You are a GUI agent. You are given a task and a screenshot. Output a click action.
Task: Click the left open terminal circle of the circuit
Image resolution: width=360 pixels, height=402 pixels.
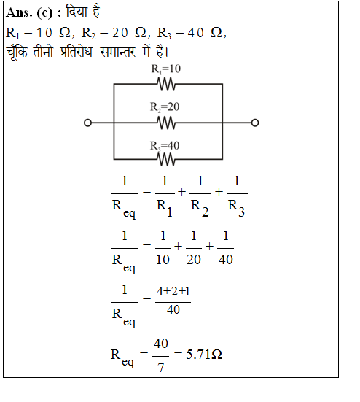(x=87, y=123)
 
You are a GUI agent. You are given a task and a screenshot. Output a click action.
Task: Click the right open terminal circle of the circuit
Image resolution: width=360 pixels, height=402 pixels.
(x=255, y=123)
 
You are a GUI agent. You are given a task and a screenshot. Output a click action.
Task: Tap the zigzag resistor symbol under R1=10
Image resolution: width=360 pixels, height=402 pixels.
(x=166, y=85)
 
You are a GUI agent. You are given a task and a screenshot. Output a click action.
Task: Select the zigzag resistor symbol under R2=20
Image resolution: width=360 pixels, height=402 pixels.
(x=166, y=123)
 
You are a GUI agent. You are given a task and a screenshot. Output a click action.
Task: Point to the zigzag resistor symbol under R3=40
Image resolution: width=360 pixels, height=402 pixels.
(x=166, y=160)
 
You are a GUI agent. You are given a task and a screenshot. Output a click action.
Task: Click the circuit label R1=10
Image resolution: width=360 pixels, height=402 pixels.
(x=166, y=69)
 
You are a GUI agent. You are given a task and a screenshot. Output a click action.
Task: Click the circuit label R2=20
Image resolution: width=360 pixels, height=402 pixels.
(x=165, y=107)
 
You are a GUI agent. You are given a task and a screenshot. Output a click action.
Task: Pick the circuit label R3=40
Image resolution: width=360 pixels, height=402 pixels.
(x=165, y=146)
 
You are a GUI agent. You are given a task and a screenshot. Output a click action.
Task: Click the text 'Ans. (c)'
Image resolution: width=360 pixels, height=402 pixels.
(x=29, y=12)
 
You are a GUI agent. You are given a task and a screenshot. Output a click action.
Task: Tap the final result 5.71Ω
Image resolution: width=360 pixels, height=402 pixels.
(x=204, y=355)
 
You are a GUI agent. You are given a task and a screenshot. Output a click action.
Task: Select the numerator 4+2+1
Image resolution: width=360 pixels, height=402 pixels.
(x=173, y=292)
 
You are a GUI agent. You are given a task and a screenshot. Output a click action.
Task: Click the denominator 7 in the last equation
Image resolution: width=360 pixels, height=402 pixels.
(x=161, y=368)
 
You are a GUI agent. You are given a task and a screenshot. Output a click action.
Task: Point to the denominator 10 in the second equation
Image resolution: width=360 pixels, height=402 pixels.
(x=163, y=260)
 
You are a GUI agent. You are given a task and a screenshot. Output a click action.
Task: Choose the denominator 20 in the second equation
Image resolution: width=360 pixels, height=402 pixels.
(x=194, y=260)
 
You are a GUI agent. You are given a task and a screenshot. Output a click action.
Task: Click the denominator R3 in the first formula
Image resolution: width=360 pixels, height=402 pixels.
(x=236, y=208)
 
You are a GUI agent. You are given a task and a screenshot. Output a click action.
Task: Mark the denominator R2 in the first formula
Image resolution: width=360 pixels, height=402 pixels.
(x=200, y=208)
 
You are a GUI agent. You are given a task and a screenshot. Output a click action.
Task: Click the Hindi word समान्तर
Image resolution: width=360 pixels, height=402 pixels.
(x=118, y=52)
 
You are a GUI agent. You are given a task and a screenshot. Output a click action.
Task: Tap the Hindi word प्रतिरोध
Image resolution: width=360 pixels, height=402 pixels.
(x=76, y=51)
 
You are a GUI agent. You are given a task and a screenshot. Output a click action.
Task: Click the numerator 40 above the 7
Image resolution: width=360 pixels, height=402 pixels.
(x=161, y=344)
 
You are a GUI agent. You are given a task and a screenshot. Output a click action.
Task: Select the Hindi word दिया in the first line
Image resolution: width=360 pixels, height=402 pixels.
(x=77, y=12)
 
